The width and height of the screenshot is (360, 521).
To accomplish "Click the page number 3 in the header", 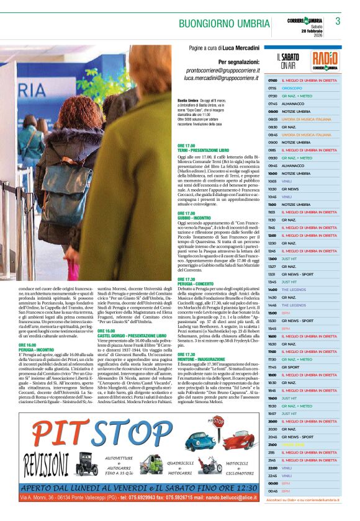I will point(338,22).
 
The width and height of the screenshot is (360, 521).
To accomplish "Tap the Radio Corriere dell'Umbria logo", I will point(325,61).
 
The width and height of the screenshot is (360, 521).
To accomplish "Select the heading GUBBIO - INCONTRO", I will point(194,217).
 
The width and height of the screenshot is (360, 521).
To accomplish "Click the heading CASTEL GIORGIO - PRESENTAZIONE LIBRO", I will point(127,336).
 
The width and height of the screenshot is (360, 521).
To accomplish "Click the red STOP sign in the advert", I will point(218,422).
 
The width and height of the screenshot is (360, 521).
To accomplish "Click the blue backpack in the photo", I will point(62,186).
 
